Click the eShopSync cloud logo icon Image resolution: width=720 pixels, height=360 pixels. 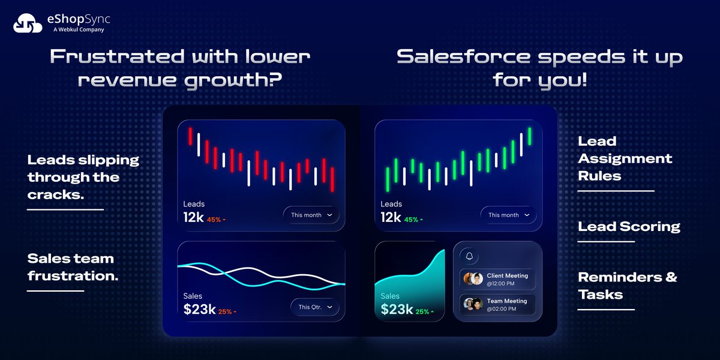click(x=28, y=23)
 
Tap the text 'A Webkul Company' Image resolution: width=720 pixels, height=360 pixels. click(x=79, y=29)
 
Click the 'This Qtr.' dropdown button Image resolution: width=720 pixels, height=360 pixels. click(x=315, y=307)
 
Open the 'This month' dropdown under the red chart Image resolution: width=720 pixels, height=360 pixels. click(x=311, y=215)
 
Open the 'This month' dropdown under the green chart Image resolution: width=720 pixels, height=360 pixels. click(x=508, y=215)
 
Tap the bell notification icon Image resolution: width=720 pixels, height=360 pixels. click(x=469, y=256)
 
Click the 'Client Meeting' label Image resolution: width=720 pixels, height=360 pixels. click(x=507, y=276)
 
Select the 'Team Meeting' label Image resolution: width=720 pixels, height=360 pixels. click(x=507, y=301)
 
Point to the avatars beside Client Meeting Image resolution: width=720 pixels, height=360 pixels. click(x=473, y=279)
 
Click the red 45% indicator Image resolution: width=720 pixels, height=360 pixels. click(x=216, y=220)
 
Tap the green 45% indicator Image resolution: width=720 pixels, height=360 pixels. click(x=413, y=220)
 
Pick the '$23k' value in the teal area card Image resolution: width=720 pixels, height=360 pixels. click(x=397, y=310)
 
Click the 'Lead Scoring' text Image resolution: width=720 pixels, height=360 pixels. click(x=629, y=227)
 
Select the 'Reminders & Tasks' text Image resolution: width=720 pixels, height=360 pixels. click(x=627, y=286)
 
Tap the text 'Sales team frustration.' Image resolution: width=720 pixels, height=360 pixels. click(x=71, y=268)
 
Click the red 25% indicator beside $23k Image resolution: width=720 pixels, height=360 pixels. click(x=227, y=312)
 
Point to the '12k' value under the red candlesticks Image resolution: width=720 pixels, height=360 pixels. click(x=193, y=218)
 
